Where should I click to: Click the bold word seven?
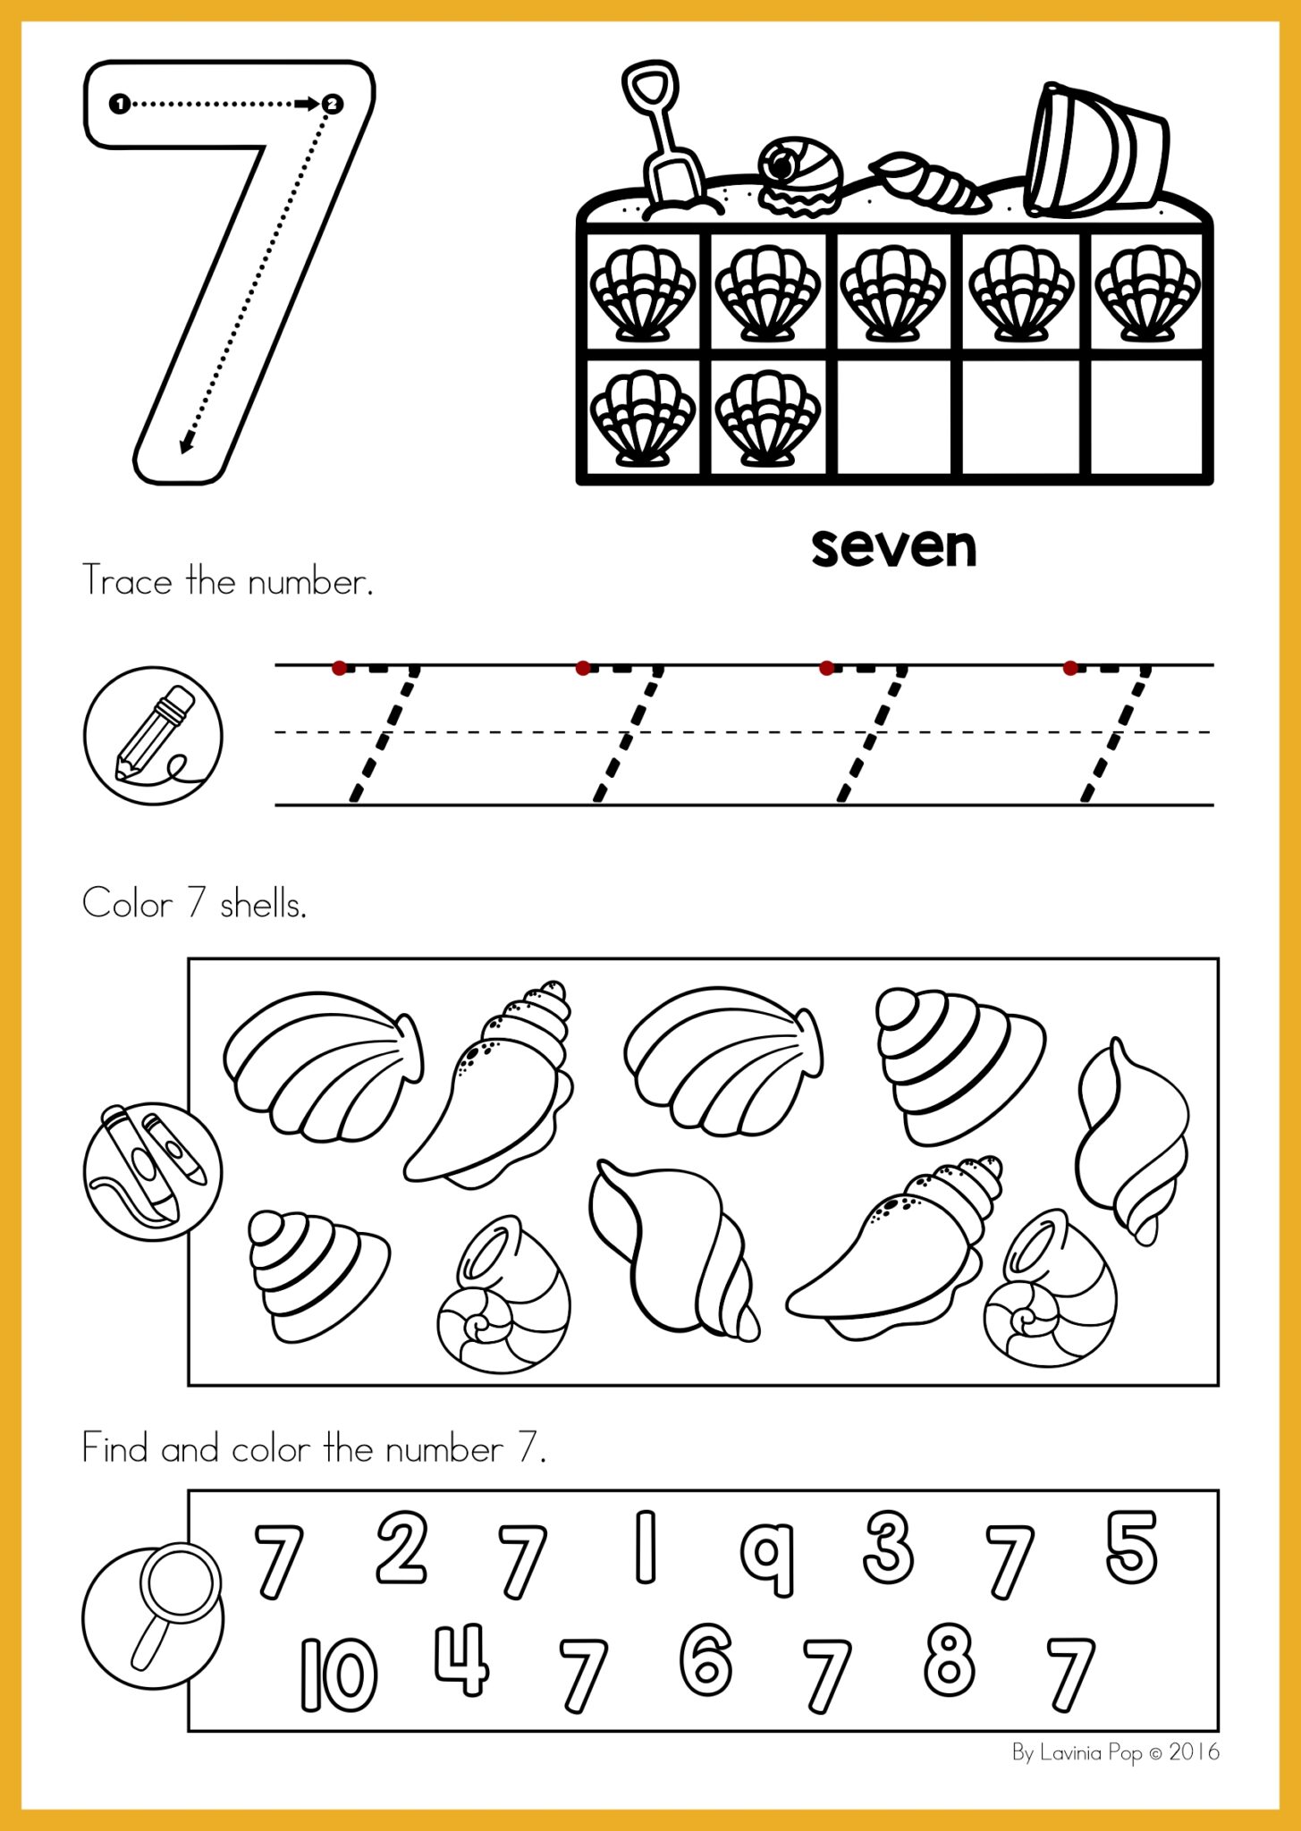point(893,547)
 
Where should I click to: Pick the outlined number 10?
point(338,1675)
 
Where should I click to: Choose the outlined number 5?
point(1131,1547)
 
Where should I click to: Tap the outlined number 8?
point(949,1661)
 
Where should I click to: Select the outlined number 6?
point(705,1661)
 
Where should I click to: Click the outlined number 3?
point(888,1547)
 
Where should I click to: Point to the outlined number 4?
point(462,1661)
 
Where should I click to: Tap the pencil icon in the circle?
point(153,735)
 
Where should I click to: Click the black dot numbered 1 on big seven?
point(119,104)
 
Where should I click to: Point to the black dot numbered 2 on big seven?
point(332,104)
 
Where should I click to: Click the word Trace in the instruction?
point(127,581)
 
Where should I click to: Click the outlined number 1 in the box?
point(645,1547)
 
